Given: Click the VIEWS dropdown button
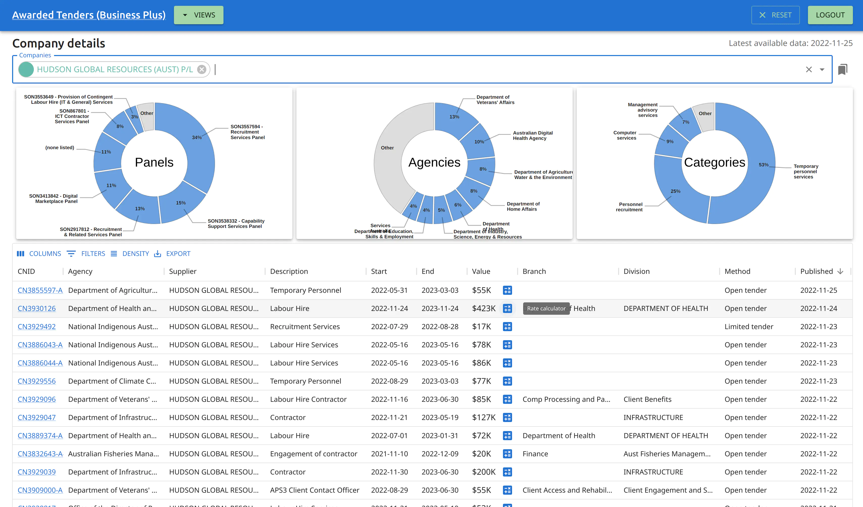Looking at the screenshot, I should [x=199, y=15].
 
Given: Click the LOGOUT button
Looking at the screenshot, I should [x=830, y=15].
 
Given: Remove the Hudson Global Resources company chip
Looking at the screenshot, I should [x=202, y=69].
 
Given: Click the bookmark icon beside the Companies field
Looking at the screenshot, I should [x=843, y=69].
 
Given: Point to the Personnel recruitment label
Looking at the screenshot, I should [x=629, y=207].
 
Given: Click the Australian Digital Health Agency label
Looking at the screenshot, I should [x=532, y=136].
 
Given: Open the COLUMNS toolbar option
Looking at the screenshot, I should [x=39, y=254].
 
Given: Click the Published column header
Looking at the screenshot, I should [x=817, y=272].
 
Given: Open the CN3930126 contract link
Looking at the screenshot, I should [x=37, y=308].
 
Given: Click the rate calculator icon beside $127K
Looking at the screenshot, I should [x=507, y=417].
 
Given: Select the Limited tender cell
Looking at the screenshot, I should [x=749, y=327].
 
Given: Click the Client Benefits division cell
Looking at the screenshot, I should [x=647, y=399].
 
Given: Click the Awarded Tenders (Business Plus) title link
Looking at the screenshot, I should [x=89, y=15].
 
